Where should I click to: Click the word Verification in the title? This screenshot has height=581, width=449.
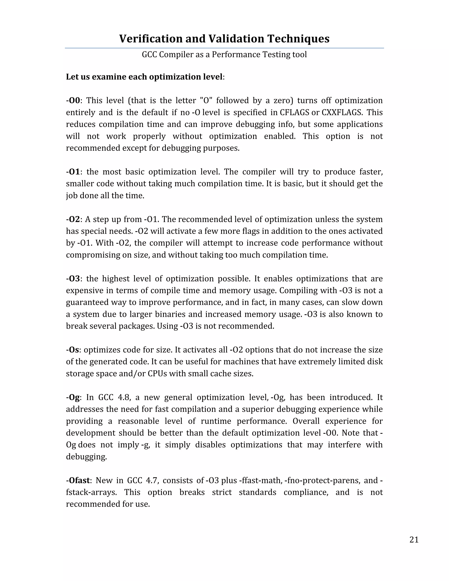[151, 39]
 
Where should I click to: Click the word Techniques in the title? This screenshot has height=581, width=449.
[298, 39]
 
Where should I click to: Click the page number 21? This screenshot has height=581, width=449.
[414, 540]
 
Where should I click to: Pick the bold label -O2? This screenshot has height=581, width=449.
[73, 219]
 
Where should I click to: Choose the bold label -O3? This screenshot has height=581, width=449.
[73, 279]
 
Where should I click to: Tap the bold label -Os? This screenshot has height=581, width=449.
[73, 350]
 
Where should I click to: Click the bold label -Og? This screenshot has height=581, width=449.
[73, 397]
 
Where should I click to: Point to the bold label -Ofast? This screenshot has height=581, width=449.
[78, 480]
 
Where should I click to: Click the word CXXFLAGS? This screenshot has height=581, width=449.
[342, 112]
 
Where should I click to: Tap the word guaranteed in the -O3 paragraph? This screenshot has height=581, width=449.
[87, 303]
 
